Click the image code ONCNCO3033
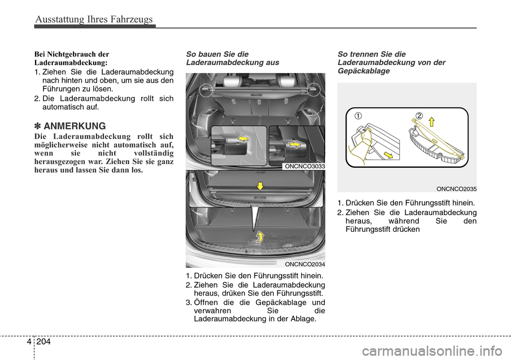click(x=305, y=166)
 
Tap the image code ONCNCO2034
click(x=305, y=264)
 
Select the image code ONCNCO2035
click(x=456, y=189)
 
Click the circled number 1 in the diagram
click(x=352, y=116)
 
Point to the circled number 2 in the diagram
click(x=419, y=116)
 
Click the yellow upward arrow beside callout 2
click(x=432, y=121)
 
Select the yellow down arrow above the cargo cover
click(x=260, y=186)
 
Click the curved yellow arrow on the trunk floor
click(x=260, y=236)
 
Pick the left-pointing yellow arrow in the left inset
click(x=242, y=139)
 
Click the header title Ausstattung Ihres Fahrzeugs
click(x=94, y=20)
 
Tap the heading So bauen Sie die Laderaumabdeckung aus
click(x=232, y=58)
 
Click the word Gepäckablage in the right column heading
click(x=360, y=70)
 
